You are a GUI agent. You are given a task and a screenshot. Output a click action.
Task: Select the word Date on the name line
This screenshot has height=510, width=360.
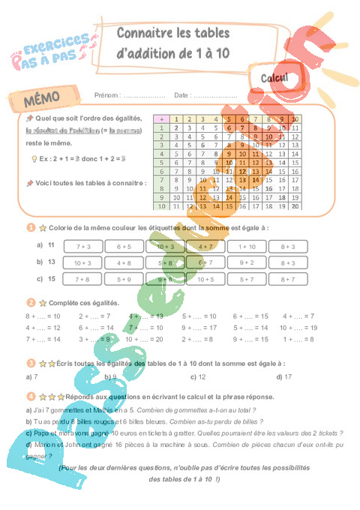click(181, 95)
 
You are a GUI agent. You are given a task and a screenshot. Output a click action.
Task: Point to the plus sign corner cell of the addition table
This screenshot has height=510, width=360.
click(160, 119)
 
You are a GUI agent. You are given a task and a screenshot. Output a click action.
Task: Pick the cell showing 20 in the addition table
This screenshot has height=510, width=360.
click(295, 205)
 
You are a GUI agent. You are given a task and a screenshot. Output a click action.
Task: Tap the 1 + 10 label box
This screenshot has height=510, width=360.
click(247, 246)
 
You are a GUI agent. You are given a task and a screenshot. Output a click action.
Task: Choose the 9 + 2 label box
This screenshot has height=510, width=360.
click(247, 263)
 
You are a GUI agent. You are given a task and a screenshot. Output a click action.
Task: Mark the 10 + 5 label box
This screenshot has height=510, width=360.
click(205, 279)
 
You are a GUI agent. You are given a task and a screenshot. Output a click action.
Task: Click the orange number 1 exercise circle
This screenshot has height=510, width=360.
click(29, 228)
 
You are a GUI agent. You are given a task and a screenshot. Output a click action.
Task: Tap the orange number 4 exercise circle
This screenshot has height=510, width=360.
click(29, 396)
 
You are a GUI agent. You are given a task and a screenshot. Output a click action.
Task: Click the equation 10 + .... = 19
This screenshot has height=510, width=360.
click(298, 328)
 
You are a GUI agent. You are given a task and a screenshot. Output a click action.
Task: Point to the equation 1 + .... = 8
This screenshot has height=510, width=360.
click(298, 339)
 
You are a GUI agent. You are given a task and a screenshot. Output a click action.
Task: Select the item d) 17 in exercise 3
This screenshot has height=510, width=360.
click(283, 376)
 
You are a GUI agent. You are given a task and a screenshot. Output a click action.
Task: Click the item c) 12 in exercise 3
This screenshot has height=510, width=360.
click(198, 376)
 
